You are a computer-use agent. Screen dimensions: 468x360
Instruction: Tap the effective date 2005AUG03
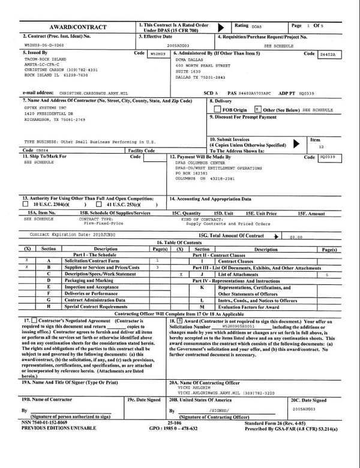coord(178,44)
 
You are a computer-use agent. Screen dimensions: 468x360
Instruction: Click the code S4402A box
coord(328,53)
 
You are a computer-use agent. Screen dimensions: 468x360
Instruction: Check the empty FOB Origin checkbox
coord(217,110)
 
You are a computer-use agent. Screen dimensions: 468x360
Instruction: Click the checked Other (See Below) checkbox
coord(257,110)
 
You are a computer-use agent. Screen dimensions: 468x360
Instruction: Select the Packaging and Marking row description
coord(89,280)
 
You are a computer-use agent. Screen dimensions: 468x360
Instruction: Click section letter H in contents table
coord(48,307)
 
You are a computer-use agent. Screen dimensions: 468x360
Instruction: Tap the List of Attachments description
coord(242,274)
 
